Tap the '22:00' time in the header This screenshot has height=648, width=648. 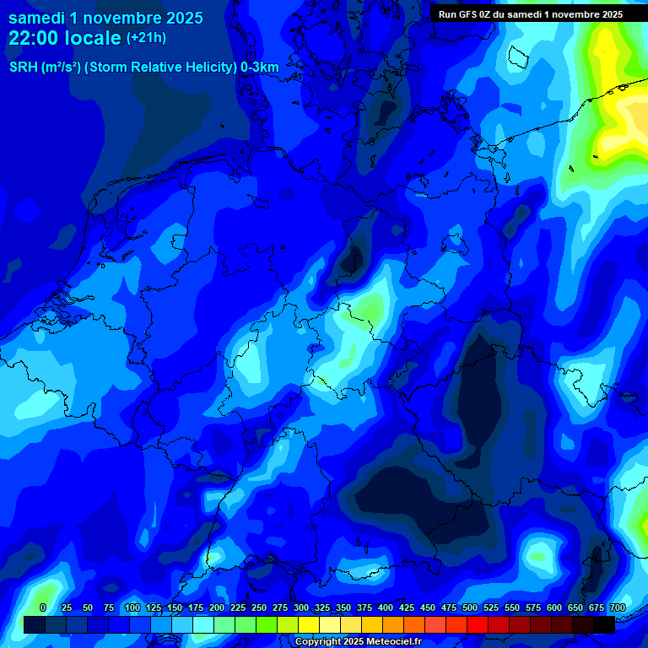pos(35,38)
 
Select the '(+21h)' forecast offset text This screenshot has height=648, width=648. pos(146,38)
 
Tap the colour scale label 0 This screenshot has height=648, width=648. pos(43,607)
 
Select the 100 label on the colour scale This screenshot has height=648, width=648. pos(132,607)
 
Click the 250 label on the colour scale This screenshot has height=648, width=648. pos(259,607)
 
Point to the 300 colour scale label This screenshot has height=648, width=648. pos(301,607)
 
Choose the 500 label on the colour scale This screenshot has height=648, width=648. pos(470,607)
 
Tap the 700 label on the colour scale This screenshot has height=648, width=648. pos(618,607)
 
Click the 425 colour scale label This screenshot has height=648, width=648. pos(407,607)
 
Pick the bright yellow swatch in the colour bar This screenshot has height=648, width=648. pos(309,624)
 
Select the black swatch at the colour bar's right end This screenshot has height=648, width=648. pos(604,624)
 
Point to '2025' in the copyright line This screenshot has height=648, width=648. pos(355,642)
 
